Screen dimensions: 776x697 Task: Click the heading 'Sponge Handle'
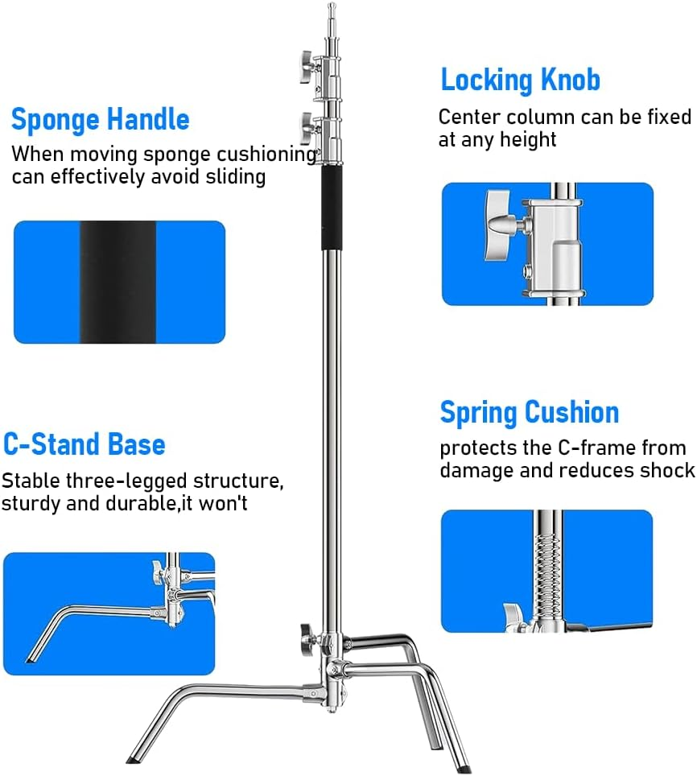(x=101, y=120)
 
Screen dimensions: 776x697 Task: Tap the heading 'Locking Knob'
(x=520, y=80)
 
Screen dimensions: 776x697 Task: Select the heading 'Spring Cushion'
(x=529, y=412)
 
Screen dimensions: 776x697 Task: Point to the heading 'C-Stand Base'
(x=85, y=444)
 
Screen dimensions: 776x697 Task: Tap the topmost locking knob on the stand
(x=306, y=65)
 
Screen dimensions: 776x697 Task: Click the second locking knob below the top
(x=307, y=126)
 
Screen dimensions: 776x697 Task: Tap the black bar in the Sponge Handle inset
(x=118, y=282)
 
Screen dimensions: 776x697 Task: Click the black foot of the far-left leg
(x=134, y=758)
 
